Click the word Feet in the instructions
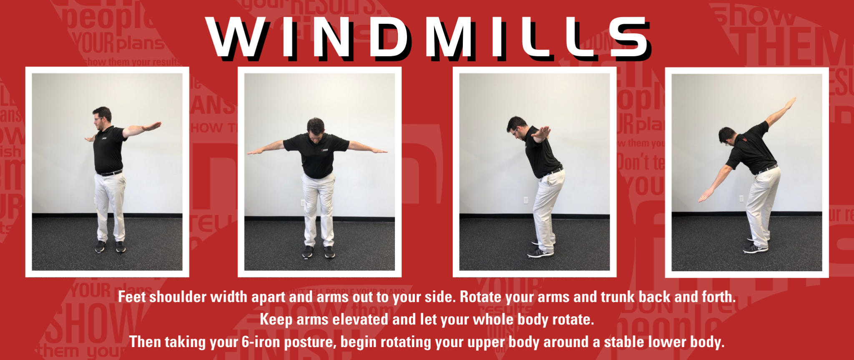tap(133, 297)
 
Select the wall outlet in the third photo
tap(526, 200)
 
